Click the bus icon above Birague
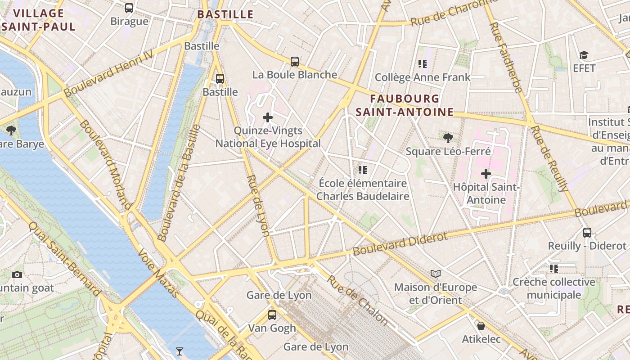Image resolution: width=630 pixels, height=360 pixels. (129, 8)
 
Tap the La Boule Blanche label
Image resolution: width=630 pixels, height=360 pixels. (295, 75)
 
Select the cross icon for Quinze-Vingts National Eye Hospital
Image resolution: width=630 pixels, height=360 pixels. (268, 117)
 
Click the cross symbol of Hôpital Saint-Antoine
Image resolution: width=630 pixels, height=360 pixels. (486, 173)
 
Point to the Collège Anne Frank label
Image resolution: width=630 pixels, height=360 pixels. (423, 77)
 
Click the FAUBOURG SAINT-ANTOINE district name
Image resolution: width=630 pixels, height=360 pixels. (405, 105)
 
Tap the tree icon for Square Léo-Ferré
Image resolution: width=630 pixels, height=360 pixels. (448, 138)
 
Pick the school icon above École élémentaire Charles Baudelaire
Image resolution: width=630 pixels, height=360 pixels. (363, 170)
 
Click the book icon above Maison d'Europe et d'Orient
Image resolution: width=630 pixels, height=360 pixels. (435, 274)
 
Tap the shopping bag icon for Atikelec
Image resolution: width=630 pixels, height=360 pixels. (481, 325)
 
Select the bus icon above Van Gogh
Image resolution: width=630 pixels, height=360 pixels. (272, 315)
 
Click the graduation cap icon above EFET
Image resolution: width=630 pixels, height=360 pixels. (584, 55)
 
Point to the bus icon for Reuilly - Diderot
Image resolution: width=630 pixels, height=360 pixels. (587, 232)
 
